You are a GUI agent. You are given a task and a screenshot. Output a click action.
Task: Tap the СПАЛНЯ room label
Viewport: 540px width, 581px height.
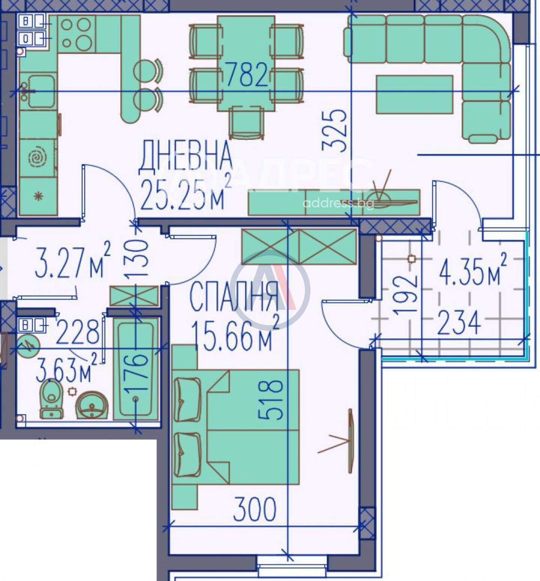click(234, 296)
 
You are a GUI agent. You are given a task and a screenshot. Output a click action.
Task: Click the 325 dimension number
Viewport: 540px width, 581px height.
click(334, 130)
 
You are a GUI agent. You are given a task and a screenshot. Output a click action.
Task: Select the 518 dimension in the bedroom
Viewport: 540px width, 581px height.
click(270, 400)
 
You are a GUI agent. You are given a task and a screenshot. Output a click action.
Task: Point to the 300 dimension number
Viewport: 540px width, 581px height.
click(255, 509)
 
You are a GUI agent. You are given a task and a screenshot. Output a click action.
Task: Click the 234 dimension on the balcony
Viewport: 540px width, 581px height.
click(459, 322)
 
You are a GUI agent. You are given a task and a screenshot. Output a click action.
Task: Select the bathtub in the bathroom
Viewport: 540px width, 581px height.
click(136, 369)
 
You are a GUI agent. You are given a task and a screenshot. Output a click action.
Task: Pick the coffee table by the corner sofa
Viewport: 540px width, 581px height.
click(415, 95)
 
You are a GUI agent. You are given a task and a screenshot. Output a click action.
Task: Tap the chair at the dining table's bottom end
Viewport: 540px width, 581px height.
click(246, 122)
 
